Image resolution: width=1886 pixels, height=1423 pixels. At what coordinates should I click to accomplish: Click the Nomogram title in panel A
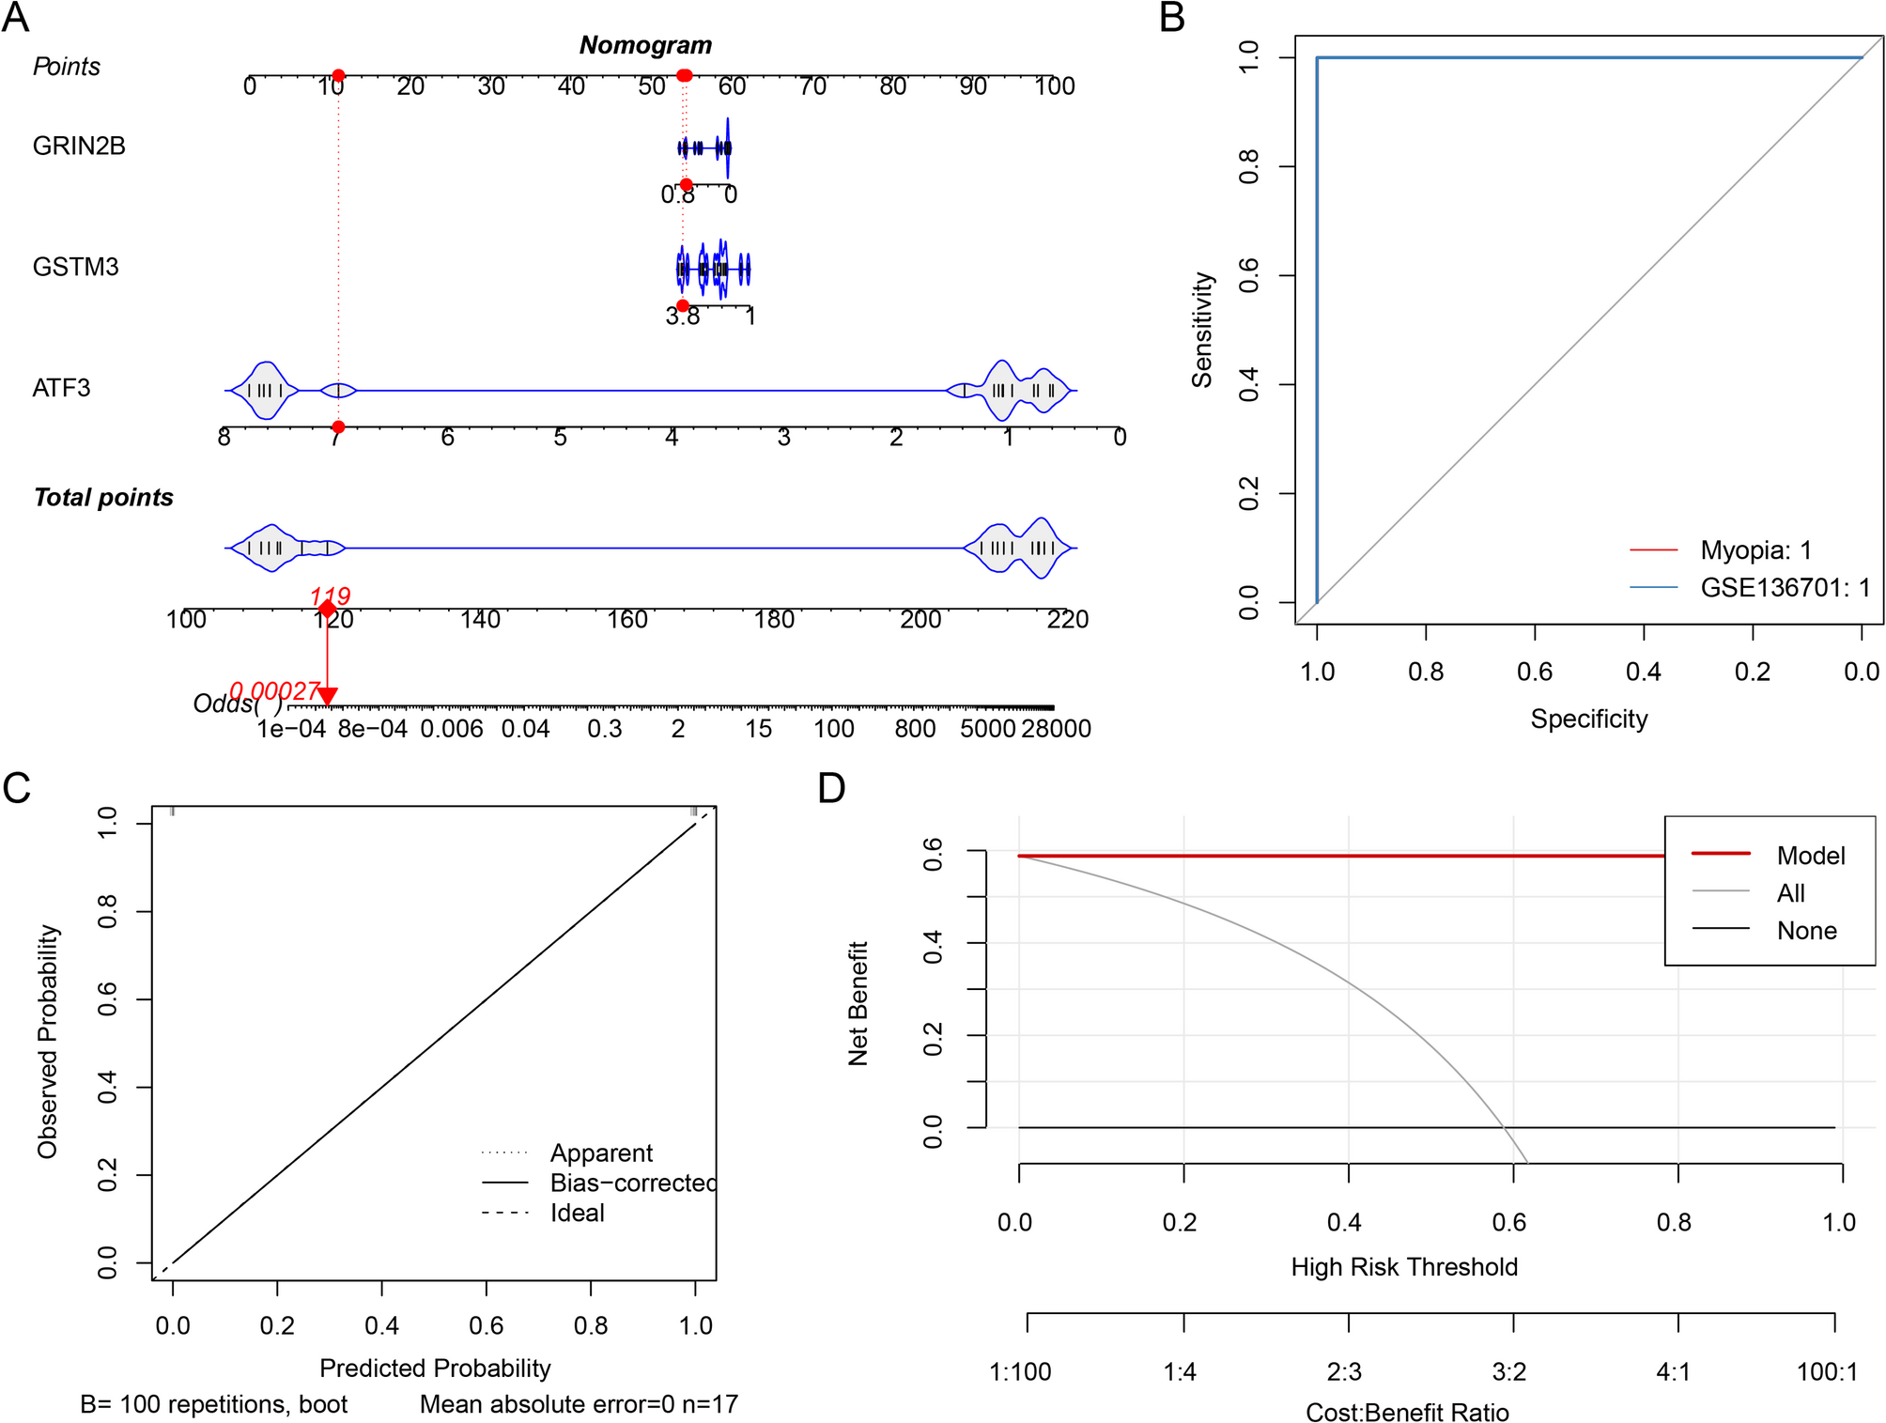pyautogui.click(x=645, y=45)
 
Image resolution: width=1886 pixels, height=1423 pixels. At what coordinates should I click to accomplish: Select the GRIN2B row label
pyautogui.click(x=79, y=147)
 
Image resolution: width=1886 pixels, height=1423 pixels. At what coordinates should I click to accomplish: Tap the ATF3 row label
pyautogui.click(x=61, y=388)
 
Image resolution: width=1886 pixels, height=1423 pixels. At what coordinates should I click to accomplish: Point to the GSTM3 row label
pyautogui.click(x=75, y=268)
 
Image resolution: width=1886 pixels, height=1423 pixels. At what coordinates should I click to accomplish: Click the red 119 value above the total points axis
pyautogui.click(x=331, y=595)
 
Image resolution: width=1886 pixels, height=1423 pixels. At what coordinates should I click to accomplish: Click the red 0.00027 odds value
pyautogui.click(x=274, y=691)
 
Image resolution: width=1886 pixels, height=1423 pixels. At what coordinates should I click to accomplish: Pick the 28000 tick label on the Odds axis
pyautogui.click(x=1057, y=729)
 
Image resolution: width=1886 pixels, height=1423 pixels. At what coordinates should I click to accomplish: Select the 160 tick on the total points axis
pyautogui.click(x=627, y=620)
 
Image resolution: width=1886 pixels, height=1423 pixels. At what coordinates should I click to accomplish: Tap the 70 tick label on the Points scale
pyautogui.click(x=812, y=87)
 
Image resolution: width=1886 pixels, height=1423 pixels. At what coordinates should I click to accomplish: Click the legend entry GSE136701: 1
pyautogui.click(x=1785, y=588)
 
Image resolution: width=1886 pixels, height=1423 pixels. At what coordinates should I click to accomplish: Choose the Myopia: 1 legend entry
pyautogui.click(x=1755, y=549)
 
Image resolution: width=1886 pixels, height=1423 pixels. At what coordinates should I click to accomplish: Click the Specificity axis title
pyautogui.click(x=1589, y=719)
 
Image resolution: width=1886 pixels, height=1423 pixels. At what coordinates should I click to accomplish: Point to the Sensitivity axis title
pyautogui.click(x=1202, y=330)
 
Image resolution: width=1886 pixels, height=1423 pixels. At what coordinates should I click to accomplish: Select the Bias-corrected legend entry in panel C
pyautogui.click(x=632, y=1183)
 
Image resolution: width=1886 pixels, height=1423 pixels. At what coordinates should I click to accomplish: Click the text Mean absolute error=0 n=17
pyautogui.click(x=579, y=1404)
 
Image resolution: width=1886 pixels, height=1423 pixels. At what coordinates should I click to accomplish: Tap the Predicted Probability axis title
pyautogui.click(x=435, y=1369)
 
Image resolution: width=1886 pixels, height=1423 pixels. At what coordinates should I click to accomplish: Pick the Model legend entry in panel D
pyautogui.click(x=1810, y=856)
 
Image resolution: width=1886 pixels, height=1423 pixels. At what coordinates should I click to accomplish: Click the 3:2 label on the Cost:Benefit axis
pyautogui.click(x=1509, y=1372)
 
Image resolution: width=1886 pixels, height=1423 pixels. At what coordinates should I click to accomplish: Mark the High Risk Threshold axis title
pyautogui.click(x=1404, y=1267)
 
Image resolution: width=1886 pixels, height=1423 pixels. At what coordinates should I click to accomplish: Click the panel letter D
pyautogui.click(x=831, y=788)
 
